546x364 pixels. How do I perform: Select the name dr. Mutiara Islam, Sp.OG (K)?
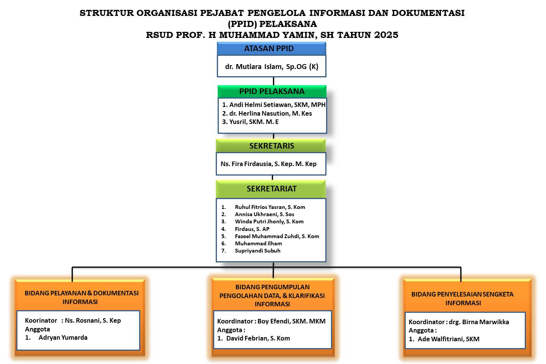tap(271, 67)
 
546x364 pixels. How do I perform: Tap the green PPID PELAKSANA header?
tap(272, 91)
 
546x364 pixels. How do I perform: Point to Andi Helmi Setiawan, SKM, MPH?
tap(277, 105)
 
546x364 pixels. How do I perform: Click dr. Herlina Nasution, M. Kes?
tap(270, 113)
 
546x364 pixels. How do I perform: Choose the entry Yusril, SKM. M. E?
tap(254, 122)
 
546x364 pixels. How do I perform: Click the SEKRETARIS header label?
tap(271, 146)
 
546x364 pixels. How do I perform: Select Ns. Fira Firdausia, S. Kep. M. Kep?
tap(268, 164)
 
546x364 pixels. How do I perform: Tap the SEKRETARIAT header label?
tap(271, 189)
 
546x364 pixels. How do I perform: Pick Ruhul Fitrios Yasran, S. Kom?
tap(270, 207)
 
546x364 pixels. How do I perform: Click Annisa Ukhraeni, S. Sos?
tap(265, 214)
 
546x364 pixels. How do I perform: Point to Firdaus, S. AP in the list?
tap(252, 229)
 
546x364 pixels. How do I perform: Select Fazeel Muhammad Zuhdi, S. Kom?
tap(277, 236)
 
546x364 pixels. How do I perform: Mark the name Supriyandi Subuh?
tap(257, 251)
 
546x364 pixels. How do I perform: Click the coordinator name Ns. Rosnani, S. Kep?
tap(93, 320)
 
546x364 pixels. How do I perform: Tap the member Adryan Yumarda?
tap(63, 337)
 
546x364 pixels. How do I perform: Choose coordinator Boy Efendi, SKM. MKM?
tap(291, 321)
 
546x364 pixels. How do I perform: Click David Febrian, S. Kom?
tap(258, 338)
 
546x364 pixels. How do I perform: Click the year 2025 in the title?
tap(386, 35)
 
